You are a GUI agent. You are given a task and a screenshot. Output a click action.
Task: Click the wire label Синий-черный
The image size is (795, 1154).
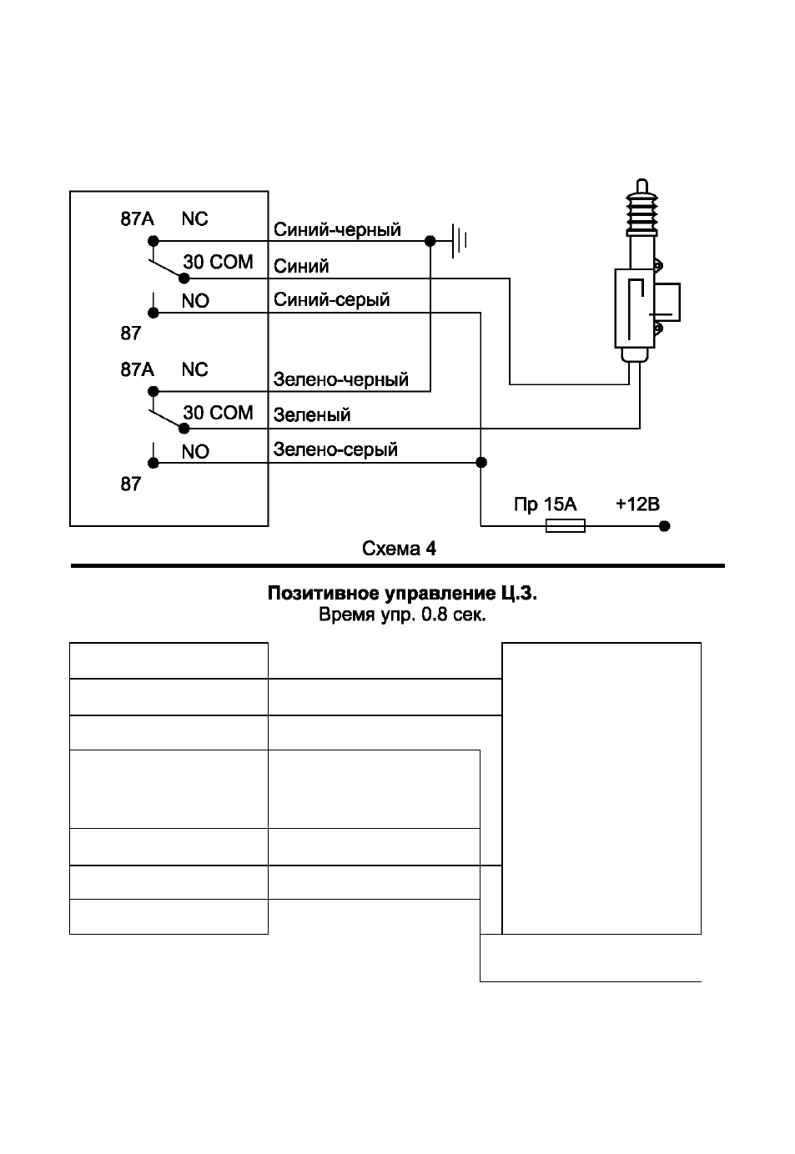(x=337, y=230)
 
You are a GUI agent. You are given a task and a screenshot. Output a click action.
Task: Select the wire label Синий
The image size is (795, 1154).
(x=301, y=266)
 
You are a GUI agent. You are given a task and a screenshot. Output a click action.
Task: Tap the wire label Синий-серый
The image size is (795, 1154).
(x=331, y=300)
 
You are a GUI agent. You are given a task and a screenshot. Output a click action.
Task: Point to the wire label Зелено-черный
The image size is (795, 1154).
(x=341, y=379)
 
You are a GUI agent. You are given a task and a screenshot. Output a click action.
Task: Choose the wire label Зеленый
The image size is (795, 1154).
(x=312, y=414)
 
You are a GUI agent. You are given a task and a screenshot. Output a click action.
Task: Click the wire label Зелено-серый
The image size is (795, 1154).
(x=335, y=449)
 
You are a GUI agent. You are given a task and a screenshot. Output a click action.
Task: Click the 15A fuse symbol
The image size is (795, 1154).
(x=565, y=525)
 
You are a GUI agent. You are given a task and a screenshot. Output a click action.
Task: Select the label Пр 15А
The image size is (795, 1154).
(x=545, y=504)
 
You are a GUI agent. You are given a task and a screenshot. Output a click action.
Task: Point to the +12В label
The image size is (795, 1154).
(x=637, y=504)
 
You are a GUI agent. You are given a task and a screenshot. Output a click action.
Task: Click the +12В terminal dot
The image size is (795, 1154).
(x=665, y=526)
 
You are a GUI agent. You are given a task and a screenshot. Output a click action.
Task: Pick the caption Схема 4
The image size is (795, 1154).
(x=399, y=549)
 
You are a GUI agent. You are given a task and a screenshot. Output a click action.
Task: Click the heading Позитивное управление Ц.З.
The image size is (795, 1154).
(x=402, y=594)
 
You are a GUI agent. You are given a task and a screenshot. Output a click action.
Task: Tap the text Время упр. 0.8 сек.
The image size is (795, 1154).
(x=402, y=615)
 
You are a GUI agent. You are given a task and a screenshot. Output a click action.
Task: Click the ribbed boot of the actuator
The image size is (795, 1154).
(x=642, y=214)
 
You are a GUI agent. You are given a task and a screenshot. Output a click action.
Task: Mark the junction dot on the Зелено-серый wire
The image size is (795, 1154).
(x=481, y=462)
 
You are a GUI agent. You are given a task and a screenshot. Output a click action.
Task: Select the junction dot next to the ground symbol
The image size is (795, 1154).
(x=430, y=241)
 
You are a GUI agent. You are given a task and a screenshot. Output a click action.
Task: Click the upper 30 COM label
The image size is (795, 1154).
(x=218, y=262)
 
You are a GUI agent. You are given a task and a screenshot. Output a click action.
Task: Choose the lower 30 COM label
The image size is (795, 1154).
(x=218, y=413)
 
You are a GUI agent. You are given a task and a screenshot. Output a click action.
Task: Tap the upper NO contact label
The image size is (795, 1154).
(x=195, y=301)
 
